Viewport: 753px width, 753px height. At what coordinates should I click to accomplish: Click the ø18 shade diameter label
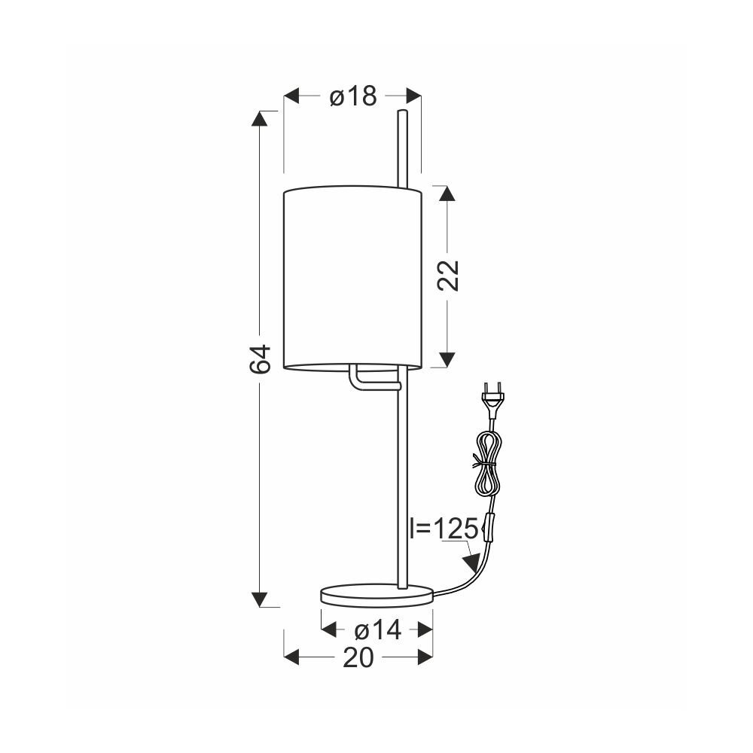coord(353,96)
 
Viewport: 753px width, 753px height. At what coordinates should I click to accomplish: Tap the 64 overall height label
coord(261,358)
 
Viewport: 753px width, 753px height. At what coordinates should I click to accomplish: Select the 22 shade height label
coord(448,276)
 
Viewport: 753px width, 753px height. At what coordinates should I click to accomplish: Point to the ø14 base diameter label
coord(377,630)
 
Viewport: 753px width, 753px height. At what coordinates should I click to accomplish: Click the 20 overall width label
coord(358,657)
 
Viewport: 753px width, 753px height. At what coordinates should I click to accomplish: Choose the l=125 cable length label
coord(444,529)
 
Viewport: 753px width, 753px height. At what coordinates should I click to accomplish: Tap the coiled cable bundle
coord(487,462)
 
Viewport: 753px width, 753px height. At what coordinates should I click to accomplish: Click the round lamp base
coord(376,596)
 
